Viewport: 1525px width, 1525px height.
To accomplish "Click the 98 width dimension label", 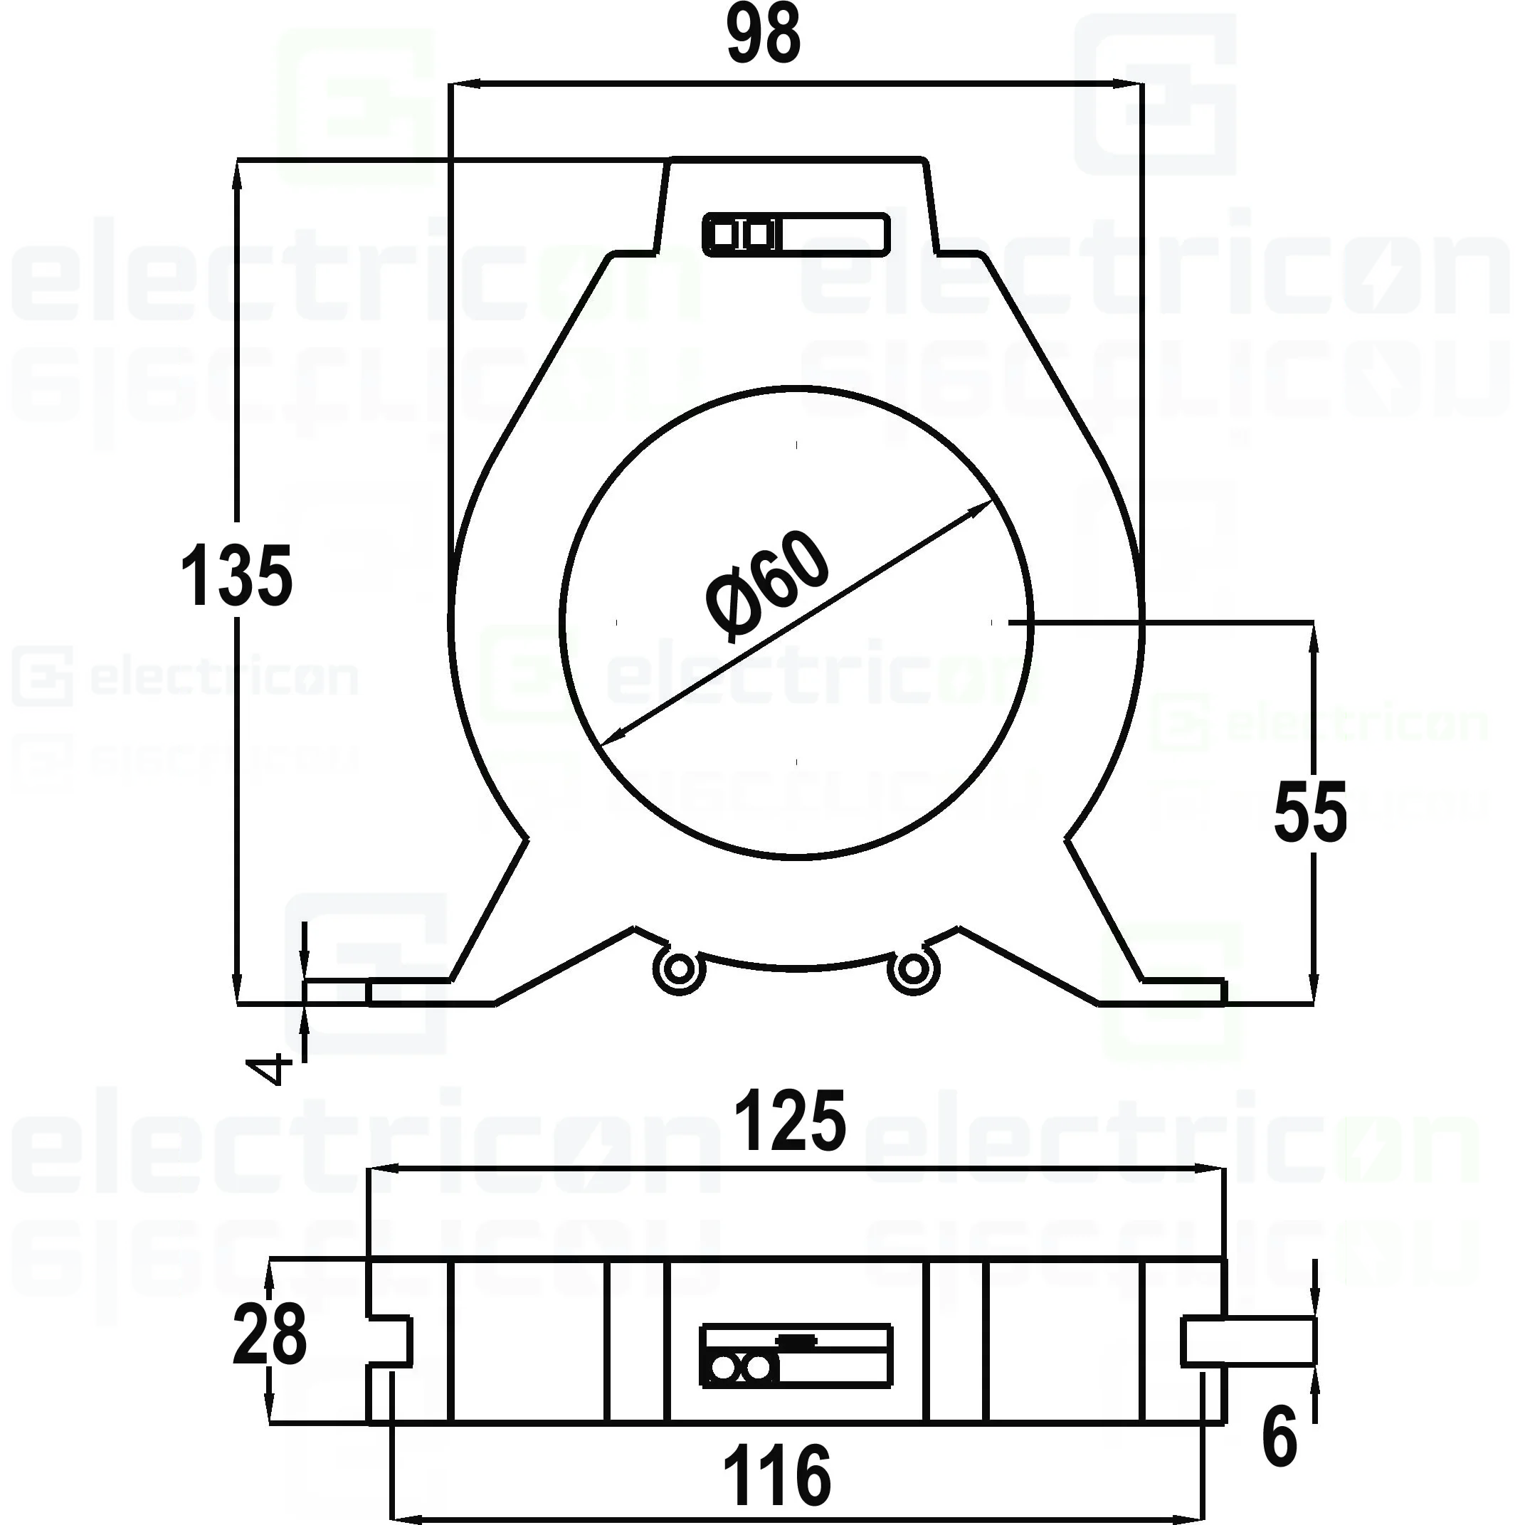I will tap(764, 36).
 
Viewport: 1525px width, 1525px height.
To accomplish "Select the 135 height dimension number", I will tap(236, 576).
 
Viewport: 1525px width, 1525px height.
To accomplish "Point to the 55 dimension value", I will tap(1309, 811).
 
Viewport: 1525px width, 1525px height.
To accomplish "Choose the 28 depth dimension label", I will tap(269, 1335).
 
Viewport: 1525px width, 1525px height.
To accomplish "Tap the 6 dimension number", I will tap(1279, 1437).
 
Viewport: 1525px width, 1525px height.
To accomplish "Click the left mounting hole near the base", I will tap(678, 970).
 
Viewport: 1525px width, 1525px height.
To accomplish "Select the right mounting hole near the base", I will tap(913, 969).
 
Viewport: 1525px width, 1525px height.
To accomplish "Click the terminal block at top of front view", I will tap(796, 234).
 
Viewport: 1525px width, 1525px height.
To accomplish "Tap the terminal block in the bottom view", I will tap(796, 1356).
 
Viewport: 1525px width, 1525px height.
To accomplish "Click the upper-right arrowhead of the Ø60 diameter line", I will tap(983, 507).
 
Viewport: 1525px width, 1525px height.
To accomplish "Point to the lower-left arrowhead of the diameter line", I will tap(609, 739).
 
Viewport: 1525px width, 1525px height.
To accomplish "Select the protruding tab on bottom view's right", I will tap(1247, 1341).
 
